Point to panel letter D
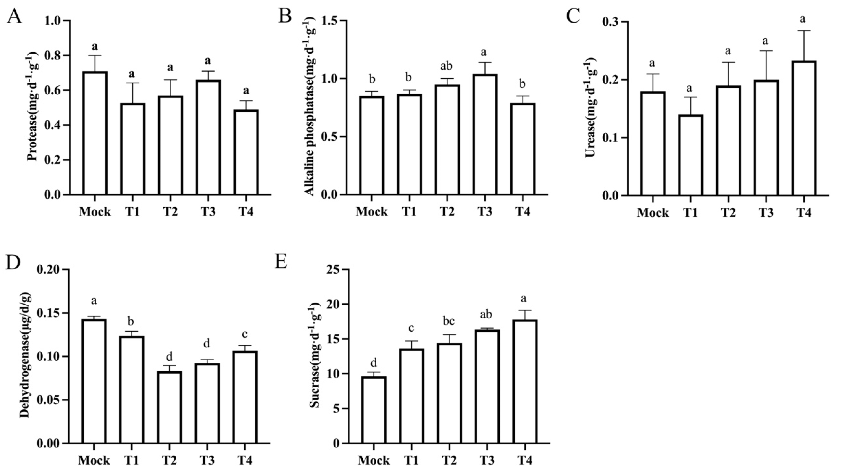pyautogui.click(x=13, y=263)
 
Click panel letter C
pyautogui.click(x=573, y=16)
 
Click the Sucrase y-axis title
pyautogui.click(x=315, y=355)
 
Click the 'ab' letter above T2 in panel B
pyautogui.click(x=446, y=66)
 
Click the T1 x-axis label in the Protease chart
pyautogui.click(x=132, y=212)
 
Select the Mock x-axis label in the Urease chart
pyautogui.click(x=653, y=213)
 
